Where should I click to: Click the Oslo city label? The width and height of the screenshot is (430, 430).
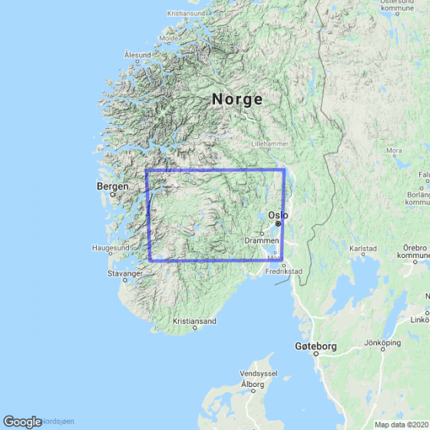point(277,215)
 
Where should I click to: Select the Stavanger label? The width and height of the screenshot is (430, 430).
point(125,273)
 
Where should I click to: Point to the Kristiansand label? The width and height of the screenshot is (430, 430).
point(195,321)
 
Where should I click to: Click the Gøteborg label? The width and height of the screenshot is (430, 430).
point(316,347)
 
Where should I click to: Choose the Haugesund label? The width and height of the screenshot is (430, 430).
point(111,248)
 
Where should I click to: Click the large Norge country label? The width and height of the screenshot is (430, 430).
point(237,99)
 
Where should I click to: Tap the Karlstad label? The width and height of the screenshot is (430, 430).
point(363,249)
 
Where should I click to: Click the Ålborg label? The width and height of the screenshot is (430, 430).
point(252,383)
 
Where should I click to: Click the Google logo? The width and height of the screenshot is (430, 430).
point(22,422)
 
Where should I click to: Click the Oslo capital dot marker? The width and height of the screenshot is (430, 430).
point(279,223)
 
